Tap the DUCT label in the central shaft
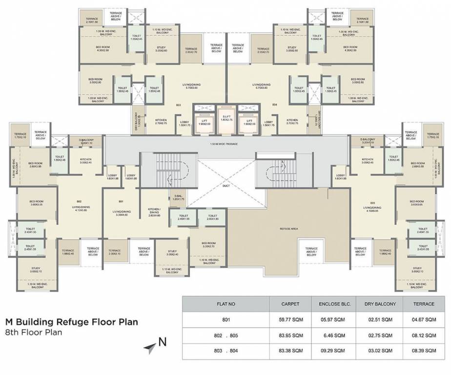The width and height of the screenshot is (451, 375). tap(225, 186)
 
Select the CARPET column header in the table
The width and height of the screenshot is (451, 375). tap(290, 304)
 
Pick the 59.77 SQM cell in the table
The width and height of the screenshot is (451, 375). tap(290, 320)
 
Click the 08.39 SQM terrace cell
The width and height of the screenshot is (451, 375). tap(424, 351)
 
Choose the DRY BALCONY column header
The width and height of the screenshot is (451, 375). tap(380, 304)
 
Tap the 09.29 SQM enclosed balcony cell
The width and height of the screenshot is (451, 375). tap(335, 351)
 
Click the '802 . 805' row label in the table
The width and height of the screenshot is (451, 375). tap(225, 335)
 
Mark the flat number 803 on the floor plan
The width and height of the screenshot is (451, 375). tap(178, 105)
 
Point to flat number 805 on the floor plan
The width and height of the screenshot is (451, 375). tap(372, 203)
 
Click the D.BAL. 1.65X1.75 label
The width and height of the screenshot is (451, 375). tap(178, 198)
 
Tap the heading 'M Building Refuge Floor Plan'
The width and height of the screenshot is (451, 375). tap(71, 322)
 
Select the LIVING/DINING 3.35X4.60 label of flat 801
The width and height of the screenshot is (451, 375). tap(120, 213)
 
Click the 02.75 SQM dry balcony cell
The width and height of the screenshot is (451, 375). tap(380, 335)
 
